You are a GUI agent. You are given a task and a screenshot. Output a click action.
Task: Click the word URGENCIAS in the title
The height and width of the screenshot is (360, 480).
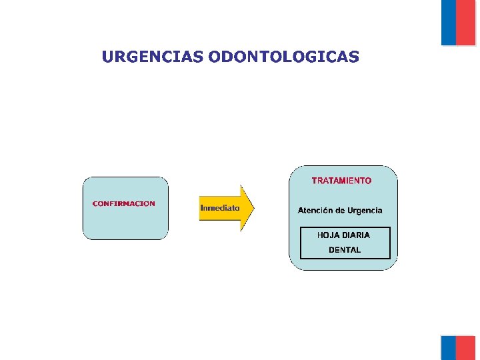(x=153, y=57)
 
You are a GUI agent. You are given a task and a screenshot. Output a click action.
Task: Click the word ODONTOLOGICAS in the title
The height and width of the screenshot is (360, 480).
(x=283, y=57)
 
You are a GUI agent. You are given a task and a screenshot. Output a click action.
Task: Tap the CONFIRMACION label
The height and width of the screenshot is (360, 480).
(x=123, y=204)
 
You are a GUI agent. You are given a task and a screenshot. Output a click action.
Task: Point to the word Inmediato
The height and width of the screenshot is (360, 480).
(x=220, y=208)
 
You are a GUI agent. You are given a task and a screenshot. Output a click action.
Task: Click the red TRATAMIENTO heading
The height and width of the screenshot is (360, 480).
(x=342, y=181)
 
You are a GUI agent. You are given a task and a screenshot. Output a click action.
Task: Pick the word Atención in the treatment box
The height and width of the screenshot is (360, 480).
(x=315, y=211)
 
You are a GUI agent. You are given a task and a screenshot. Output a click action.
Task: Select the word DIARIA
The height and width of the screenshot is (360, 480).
(x=357, y=235)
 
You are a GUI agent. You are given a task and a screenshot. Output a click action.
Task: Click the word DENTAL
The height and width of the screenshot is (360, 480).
(x=345, y=250)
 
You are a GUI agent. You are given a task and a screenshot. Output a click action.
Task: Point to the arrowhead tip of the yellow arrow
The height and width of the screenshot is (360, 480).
(x=253, y=208)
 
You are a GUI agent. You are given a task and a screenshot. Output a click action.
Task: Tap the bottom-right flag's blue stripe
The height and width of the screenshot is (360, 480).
(x=448, y=347)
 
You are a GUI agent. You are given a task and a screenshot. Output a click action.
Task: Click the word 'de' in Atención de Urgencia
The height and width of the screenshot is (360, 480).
(x=341, y=211)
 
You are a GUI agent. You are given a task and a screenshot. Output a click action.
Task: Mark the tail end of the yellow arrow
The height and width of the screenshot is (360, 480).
(x=201, y=208)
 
